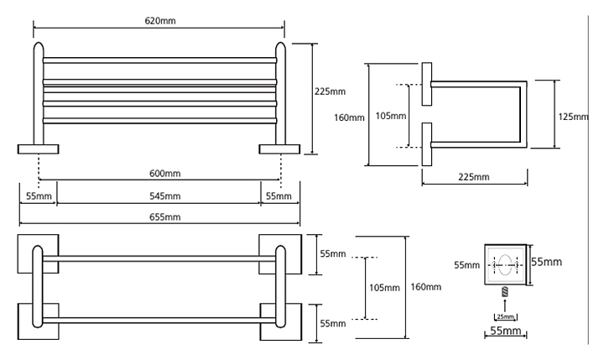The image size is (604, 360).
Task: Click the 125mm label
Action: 574,117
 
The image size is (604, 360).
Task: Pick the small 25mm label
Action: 506,316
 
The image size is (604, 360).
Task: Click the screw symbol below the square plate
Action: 506,293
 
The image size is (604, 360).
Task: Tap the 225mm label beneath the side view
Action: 474,177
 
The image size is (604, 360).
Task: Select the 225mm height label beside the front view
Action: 331,91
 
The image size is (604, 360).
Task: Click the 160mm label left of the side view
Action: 350,117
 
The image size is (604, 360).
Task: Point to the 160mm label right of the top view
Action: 425,287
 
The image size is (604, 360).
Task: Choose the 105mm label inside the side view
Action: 391,115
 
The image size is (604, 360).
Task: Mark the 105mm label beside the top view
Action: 384,288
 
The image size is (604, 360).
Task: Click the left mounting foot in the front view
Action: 39,149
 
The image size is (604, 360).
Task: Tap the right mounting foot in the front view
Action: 280,149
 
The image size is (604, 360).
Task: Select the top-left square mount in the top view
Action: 39,253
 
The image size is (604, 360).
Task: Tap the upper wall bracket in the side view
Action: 427,83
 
